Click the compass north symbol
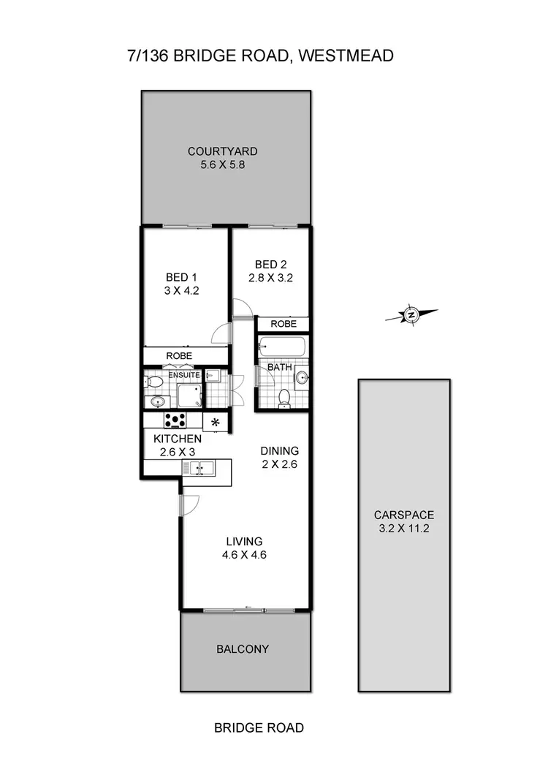click(411, 315)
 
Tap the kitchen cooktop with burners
click(175, 420)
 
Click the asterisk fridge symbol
click(216, 422)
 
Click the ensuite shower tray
click(191, 396)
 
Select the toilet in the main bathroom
click(285, 397)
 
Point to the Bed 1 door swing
click(221, 336)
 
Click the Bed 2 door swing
click(242, 310)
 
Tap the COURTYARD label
click(223, 151)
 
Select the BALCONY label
click(243, 649)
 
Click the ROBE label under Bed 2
click(283, 323)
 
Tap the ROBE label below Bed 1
click(179, 356)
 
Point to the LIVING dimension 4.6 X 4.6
click(243, 555)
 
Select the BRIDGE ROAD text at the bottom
click(259, 727)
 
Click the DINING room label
click(280, 451)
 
